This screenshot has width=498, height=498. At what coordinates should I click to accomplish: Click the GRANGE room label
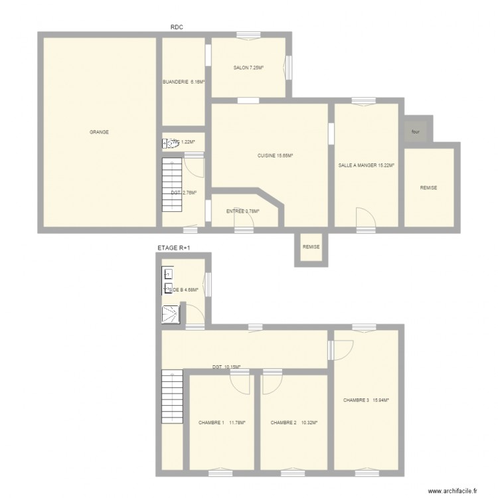click(99, 132)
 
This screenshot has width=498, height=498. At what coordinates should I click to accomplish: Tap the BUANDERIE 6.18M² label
click(184, 82)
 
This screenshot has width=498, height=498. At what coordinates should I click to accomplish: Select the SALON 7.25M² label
click(248, 68)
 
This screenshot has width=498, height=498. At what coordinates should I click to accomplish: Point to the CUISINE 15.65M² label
click(276, 156)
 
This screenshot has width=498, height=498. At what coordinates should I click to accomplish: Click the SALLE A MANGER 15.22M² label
click(367, 165)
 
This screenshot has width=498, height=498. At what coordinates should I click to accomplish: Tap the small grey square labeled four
click(416, 131)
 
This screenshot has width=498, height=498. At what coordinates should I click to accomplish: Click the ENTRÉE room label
click(242, 211)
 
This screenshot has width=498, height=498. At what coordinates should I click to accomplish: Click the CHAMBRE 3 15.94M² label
click(366, 400)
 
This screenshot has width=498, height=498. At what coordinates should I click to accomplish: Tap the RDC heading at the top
click(177, 27)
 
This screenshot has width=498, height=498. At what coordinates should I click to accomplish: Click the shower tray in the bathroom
click(170, 313)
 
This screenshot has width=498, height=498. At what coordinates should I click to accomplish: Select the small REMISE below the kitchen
click(311, 247)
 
